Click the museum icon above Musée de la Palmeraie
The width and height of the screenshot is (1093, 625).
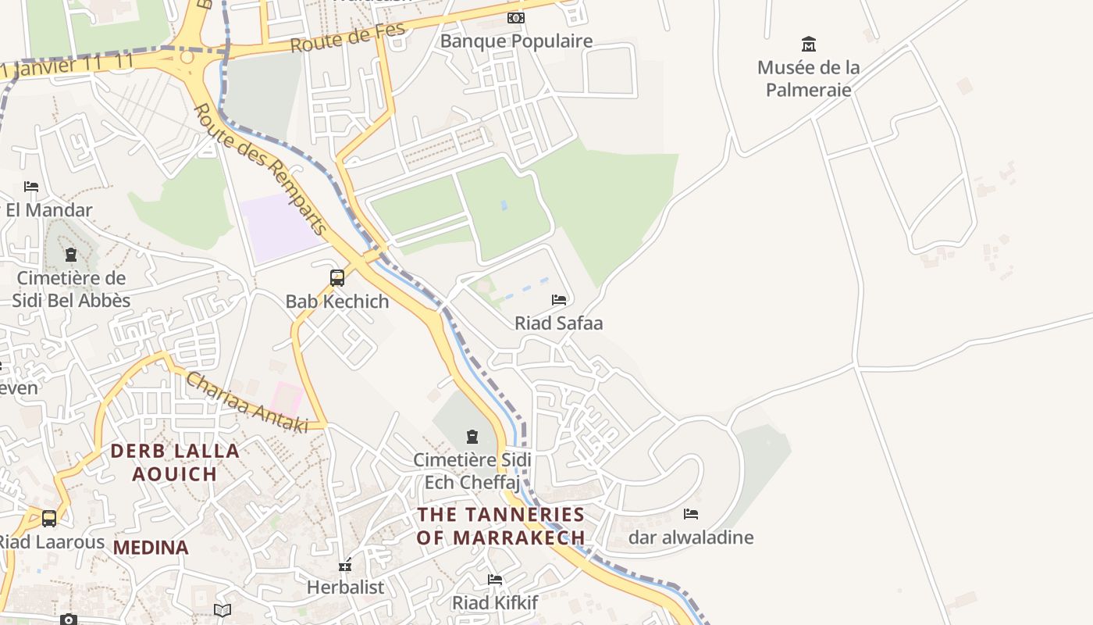tap(808, 44)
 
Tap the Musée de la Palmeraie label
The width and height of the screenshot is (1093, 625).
tap(808, 78)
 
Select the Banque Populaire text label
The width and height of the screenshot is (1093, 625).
tap(516, 41)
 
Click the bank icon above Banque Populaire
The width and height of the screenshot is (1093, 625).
tap(515, 17)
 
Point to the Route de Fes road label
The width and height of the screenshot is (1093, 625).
tap(348, 37)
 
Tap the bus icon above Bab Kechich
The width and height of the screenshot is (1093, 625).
tap(337, 277)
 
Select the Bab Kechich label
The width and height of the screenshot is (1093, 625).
tap(337, 302)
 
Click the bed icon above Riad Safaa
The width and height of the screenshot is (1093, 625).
tap(558, 299)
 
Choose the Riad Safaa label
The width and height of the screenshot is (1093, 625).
tap(558, 323)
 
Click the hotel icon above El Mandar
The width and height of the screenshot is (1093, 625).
tap(31, 186)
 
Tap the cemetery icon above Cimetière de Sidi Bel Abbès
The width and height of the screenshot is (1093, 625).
tap(71, 255)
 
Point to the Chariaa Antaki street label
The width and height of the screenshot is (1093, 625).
tap(244, 401)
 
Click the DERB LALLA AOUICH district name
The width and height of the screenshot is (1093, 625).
tap(175, 462)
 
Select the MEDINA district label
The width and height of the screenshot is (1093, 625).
tap(151, 548)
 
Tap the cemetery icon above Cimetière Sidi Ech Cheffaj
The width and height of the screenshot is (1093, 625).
tap(472, 436)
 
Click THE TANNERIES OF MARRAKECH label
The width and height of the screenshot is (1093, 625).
tap(500, 526)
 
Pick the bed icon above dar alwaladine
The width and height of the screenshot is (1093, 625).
tap(690, 513)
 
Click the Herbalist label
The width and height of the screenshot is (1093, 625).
tap(345, 587)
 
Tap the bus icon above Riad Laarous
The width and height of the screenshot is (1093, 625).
tap(48, 518)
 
